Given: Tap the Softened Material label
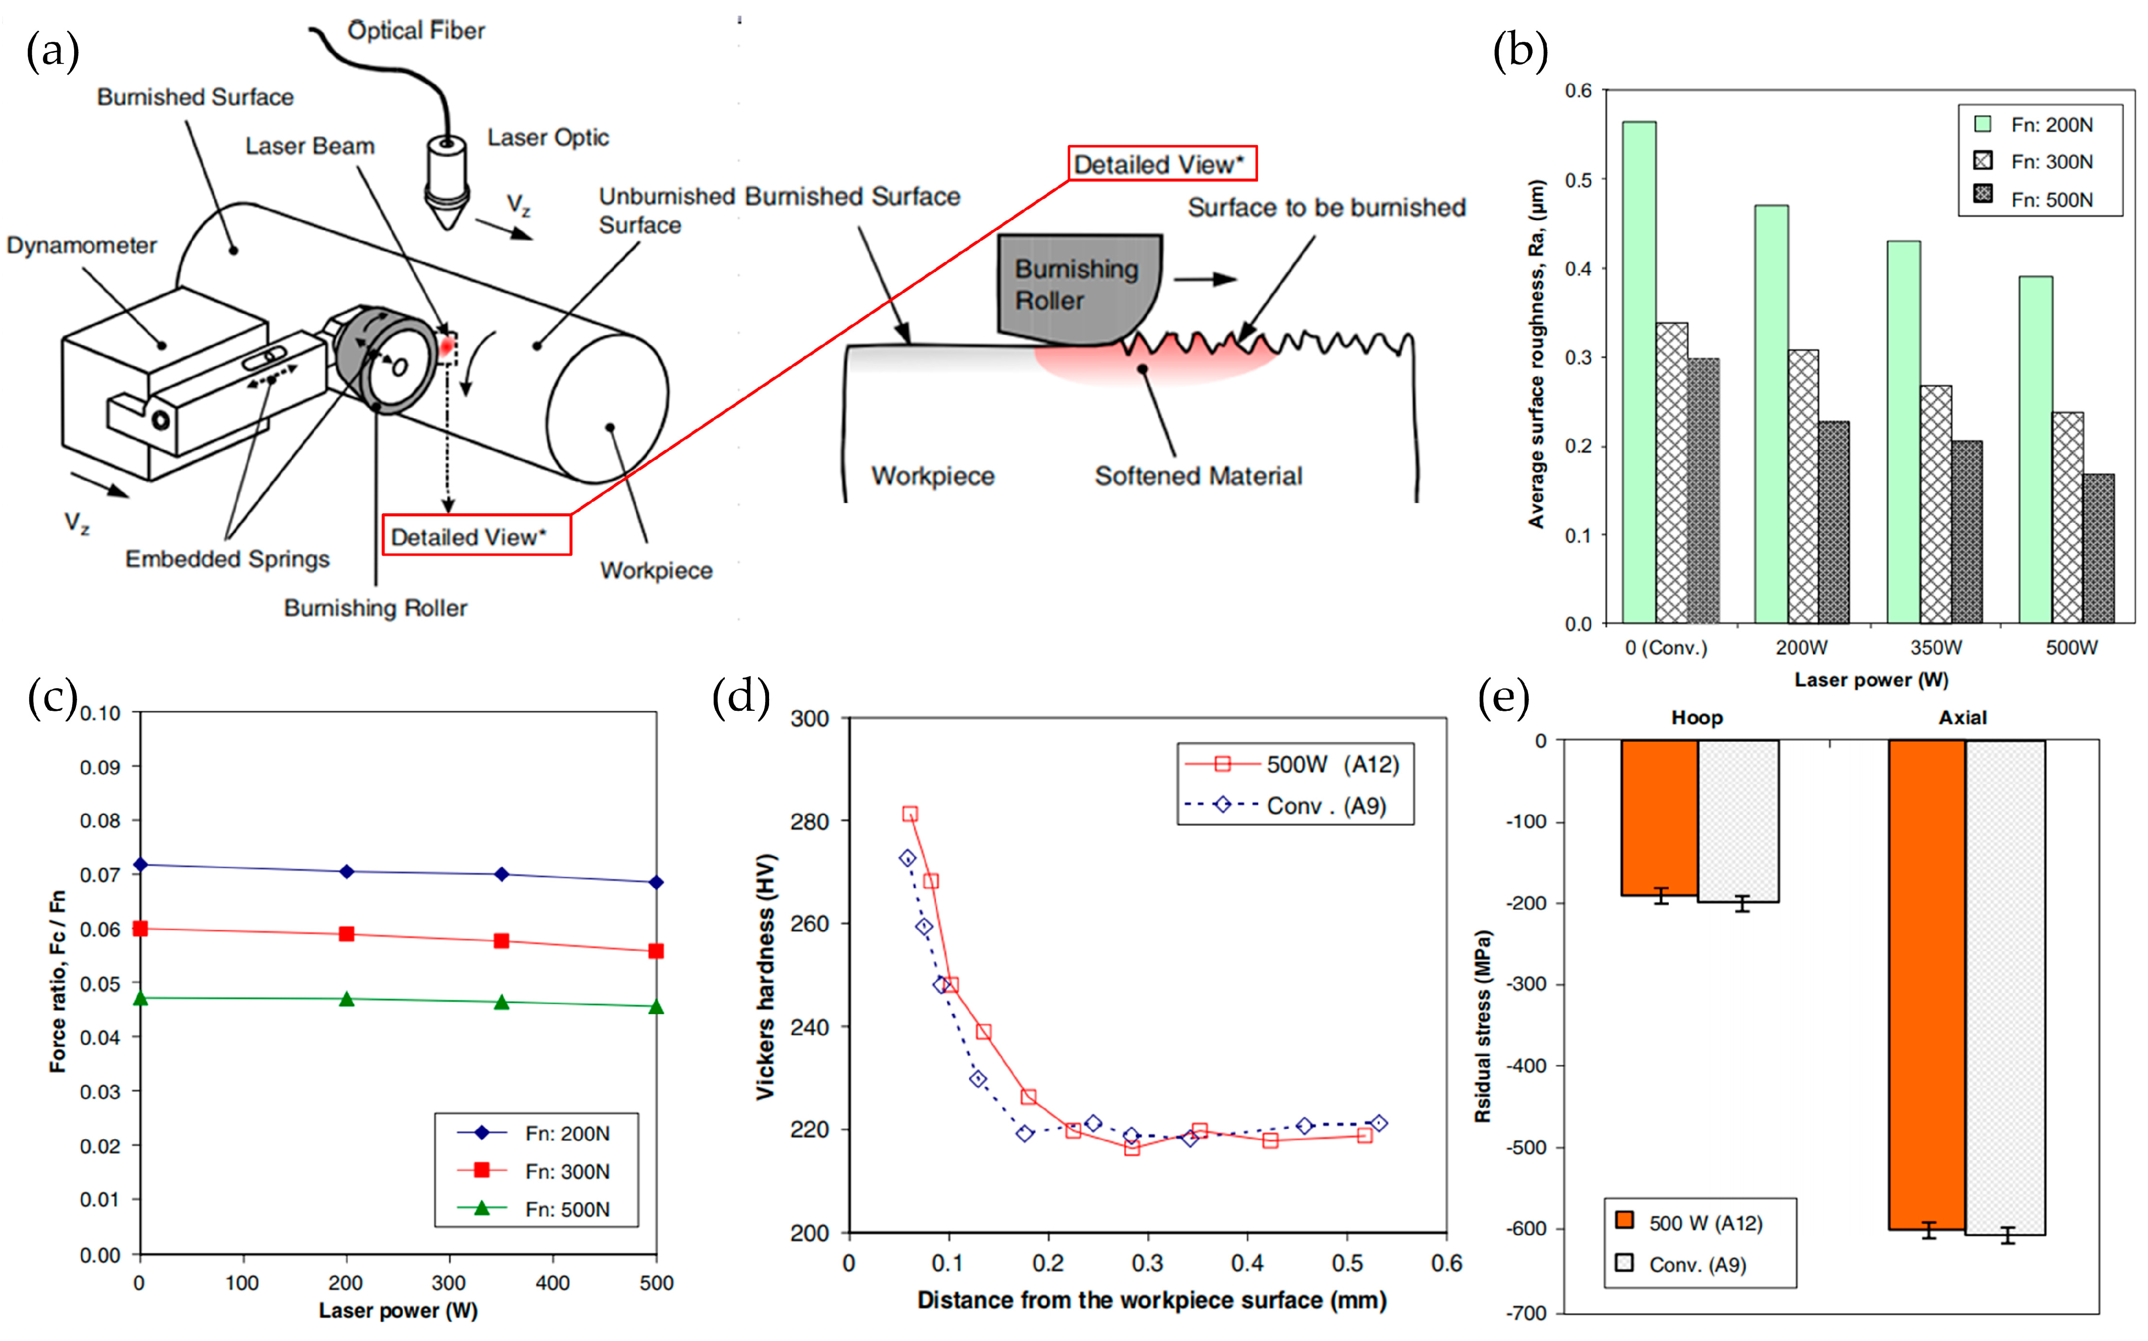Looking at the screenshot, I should point(1198,476).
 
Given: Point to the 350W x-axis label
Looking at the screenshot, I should point(1936,647).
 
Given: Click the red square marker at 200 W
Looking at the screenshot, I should point(347,934).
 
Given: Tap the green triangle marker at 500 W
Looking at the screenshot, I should point(656,1007).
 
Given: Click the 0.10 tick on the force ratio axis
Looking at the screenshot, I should point(100,714).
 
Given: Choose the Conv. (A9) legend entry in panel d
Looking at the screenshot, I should point(1295,806).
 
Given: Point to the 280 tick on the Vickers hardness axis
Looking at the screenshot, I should point(809,821).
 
